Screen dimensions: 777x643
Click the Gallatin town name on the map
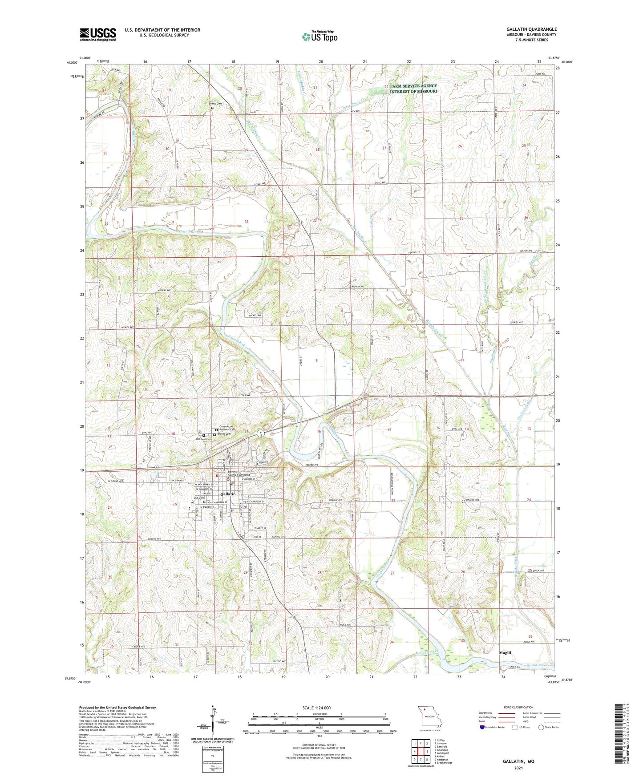tap(228, 494)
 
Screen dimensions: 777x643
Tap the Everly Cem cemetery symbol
tap(212, 107)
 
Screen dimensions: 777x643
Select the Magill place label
tap(505, 653)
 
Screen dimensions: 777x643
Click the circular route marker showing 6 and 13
tap(261, 433)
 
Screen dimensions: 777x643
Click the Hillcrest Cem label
tap(203, 439)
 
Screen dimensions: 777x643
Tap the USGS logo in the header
tap(97, 34)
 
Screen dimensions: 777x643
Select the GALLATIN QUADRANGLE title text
tap(531, 29)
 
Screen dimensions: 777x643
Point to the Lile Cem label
tap(198, 498)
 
